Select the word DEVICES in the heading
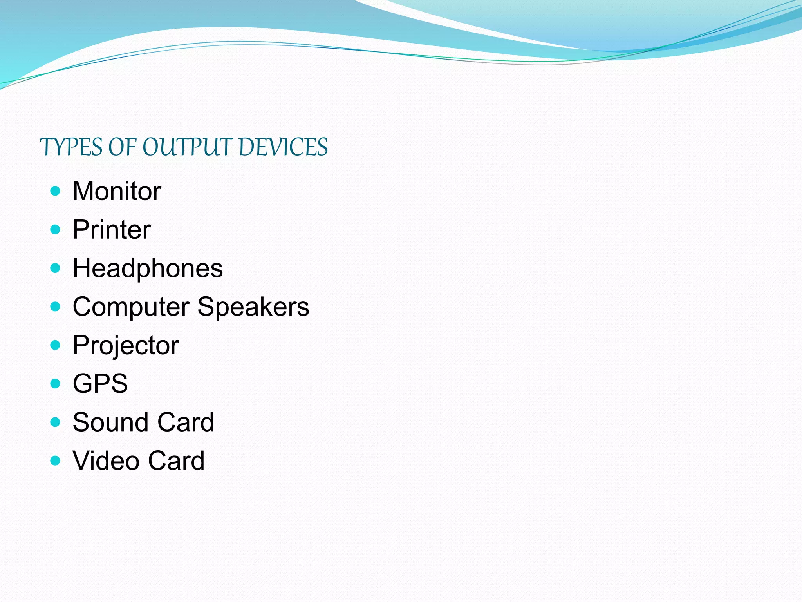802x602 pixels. coord(283,147)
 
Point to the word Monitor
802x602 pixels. coord(117,191)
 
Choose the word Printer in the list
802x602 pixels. coord(112,230)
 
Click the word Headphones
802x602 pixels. coord(148,268)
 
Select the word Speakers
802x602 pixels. coord(253,307)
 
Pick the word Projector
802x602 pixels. coord(126,346)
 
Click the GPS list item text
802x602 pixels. coord(100,384)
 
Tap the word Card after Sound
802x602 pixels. coord(185,422)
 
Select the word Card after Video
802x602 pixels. coord(176,461)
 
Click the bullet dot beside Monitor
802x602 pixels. coord(56,191)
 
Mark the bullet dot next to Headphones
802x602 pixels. coord(56,268)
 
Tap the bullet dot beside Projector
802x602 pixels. coord(56,345)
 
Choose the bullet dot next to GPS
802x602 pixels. coord(56,383)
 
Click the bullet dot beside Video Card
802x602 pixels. coord(56,460)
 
